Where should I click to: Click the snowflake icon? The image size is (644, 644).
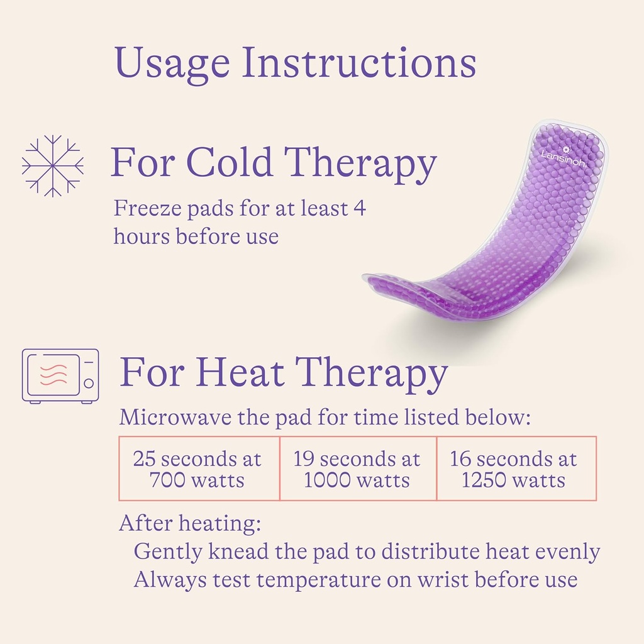(53, 165)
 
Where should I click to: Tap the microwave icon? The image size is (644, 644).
(60, 375)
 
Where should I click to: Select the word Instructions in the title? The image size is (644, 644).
(359, 64)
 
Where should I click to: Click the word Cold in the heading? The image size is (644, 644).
(230, 163)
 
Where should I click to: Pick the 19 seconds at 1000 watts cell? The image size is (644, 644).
(357, 469)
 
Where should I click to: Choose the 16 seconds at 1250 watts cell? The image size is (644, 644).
(514, 469)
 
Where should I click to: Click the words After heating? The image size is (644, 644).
(190, 523)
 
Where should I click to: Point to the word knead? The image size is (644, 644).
(240, 552)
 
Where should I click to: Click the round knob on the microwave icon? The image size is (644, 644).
(89, 382)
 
